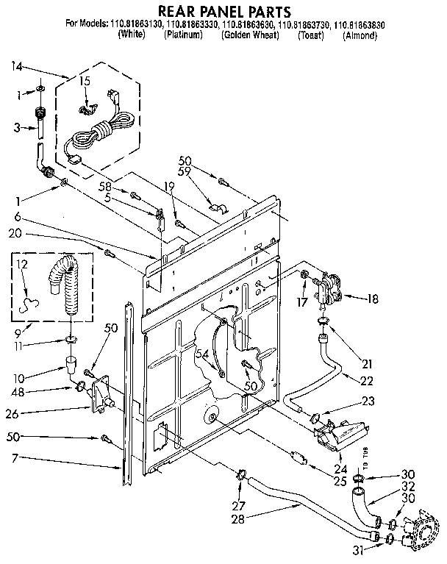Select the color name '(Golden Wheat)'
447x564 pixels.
(248, 35)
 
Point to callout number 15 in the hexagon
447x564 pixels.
(85, 80)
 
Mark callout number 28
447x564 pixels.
(237, 519)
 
